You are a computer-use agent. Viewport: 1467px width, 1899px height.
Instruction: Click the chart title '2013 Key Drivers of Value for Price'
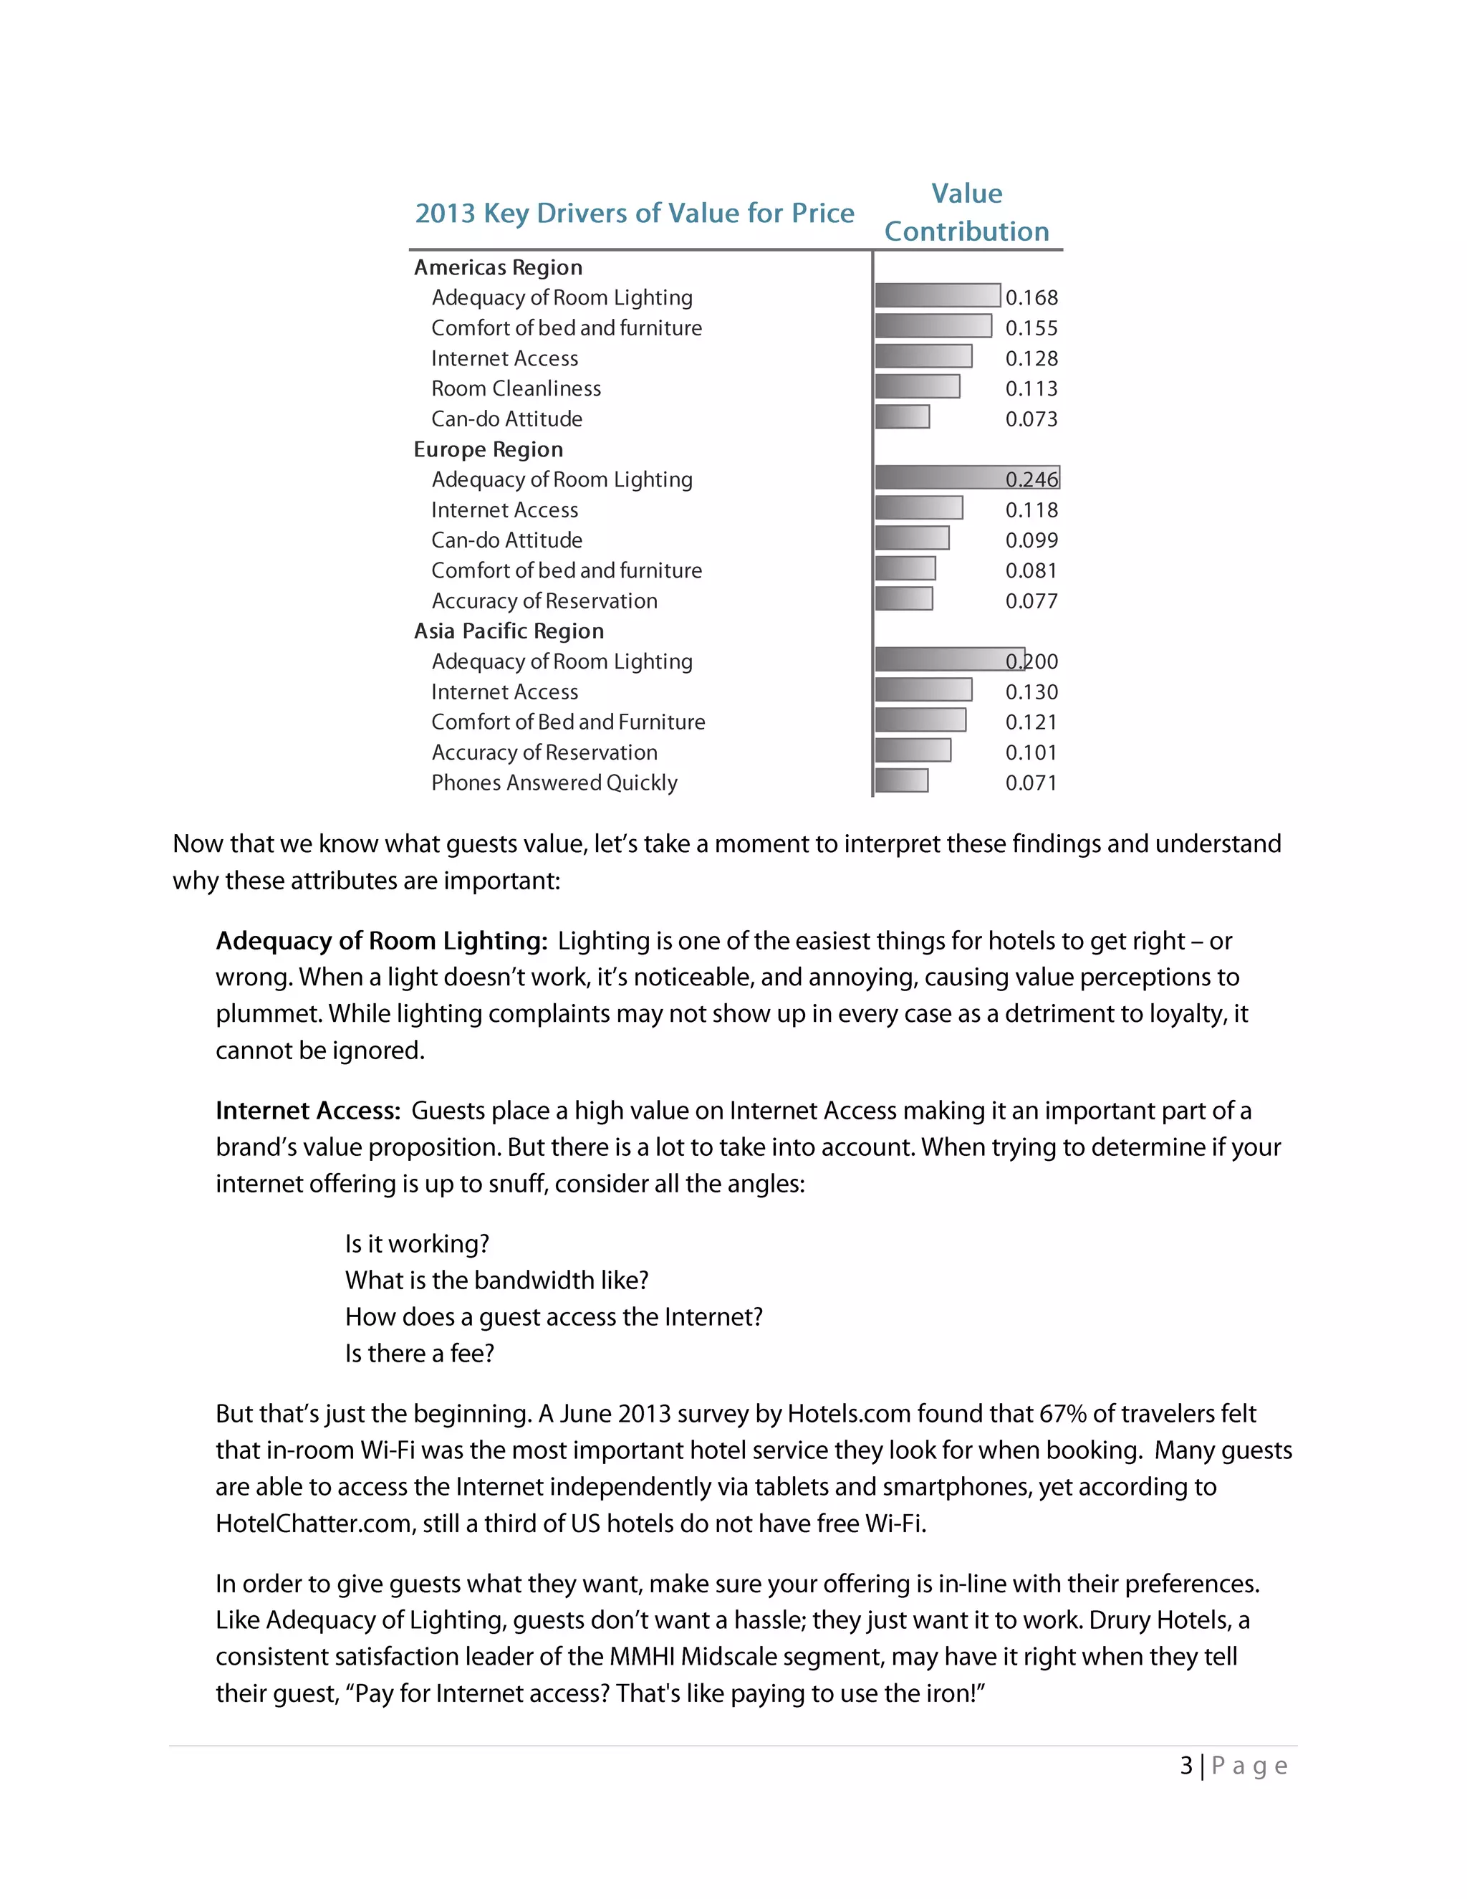coord(635,213)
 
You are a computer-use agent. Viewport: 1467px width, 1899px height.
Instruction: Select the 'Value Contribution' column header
coord(966,212)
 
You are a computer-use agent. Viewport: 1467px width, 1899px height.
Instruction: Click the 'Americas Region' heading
coord(498,267)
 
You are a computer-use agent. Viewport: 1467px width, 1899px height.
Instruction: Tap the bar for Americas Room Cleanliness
coord(917,387)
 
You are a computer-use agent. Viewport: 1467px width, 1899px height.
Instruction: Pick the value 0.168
coord(1031,297)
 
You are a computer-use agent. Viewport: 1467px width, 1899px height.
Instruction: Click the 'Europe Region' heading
coord(489,449)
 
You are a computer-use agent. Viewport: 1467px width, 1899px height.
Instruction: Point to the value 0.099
coord(1031,540)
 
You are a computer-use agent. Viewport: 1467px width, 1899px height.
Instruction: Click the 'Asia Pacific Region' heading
coord(509,631)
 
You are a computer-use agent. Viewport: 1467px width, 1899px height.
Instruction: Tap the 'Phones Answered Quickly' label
coord(554,783)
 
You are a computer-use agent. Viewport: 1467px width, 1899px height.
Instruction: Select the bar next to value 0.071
coord(901,781)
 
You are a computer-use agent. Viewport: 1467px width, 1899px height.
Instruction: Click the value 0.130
coord(1031,692)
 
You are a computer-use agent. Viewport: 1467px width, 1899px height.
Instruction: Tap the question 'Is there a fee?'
coord(420,1353)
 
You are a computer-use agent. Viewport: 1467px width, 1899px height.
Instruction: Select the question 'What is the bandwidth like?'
coord(497,1280)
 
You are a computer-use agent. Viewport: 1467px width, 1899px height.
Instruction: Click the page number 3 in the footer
coord(1186,1766)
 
